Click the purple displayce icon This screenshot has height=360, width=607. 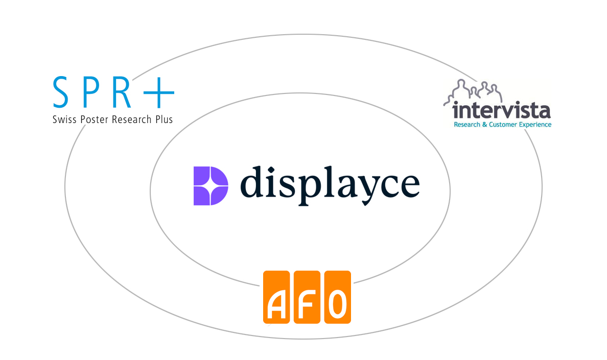211,185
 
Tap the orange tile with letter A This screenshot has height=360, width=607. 276,297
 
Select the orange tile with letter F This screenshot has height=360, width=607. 307,297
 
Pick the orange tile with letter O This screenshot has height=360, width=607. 338,297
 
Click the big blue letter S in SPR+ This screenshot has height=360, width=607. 61,92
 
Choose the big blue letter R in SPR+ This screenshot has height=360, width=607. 121,92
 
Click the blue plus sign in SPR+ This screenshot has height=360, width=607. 159,92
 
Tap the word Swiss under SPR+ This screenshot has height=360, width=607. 64,119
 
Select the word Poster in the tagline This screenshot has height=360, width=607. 95,119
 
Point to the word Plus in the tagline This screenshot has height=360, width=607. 164,119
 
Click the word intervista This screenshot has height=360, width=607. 501,110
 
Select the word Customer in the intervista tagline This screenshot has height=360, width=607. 503,125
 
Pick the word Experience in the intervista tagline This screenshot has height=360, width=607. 535,125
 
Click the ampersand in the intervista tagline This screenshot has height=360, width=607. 484,125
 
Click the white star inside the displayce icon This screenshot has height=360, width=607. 210,186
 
